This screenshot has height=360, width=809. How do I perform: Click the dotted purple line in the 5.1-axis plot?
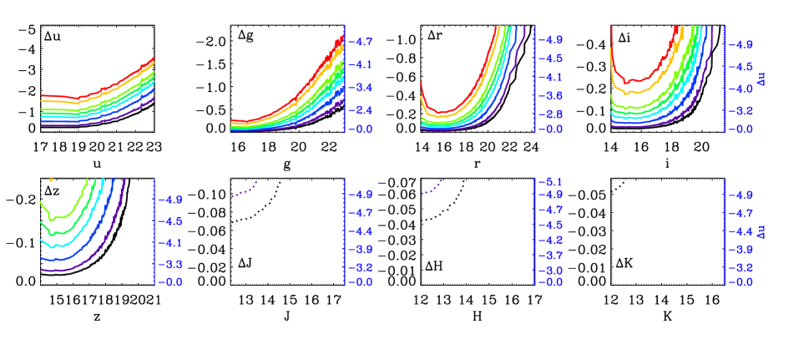point(431,189)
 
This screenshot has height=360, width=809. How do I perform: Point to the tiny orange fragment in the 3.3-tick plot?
point(52,179)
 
